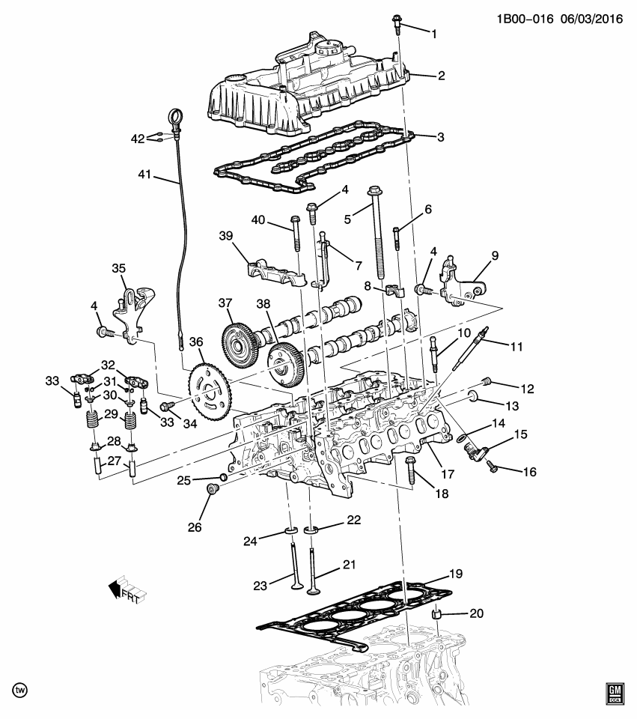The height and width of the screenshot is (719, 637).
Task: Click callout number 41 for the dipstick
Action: pyautogui.click(x=144, y=175)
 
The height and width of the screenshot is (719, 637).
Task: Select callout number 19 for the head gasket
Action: pyautogui.click(x=456, y=574)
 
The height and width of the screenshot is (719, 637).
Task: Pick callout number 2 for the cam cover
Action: pyautogui.click(x=441, y=75)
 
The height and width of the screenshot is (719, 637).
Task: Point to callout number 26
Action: pyautogui.click(x=194, y=527)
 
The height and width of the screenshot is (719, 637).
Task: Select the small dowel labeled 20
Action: pyautogui.click(x=437, y=616)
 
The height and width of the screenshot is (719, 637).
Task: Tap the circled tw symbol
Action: pyautogui.click(x=20, y=688)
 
